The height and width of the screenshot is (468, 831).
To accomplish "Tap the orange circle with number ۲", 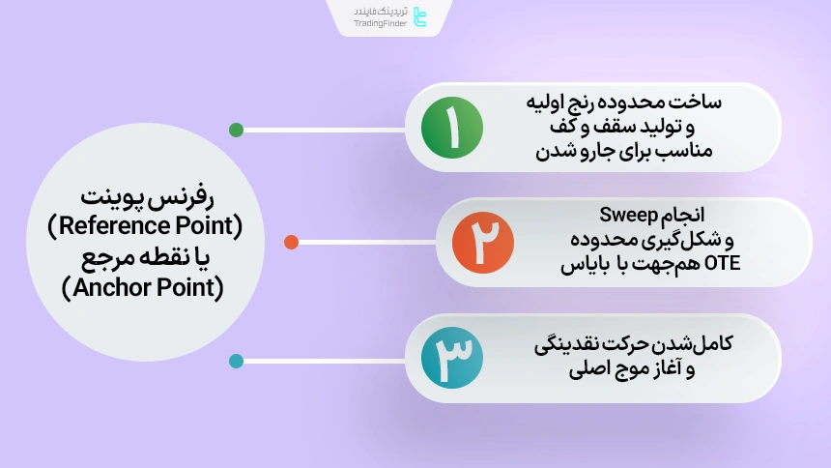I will coord(484,242).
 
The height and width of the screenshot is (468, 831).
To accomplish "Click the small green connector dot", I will coord(236,130).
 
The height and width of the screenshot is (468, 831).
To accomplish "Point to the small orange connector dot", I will coord(291,242).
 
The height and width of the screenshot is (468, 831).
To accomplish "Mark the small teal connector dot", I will coord(236,362).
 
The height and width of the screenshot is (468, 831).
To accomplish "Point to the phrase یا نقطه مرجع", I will coord(144,257).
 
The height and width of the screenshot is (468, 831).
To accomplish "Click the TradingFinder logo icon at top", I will coord(418,16).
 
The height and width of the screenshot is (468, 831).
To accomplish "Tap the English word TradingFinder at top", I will coord(380,23).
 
